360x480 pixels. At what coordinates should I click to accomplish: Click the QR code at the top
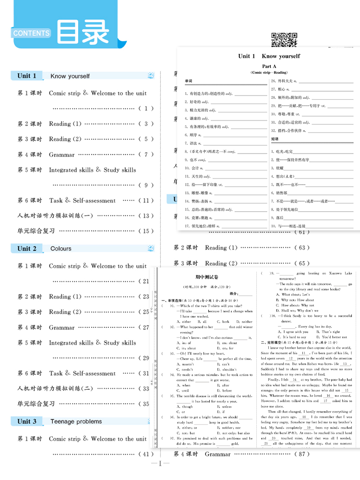[284, 39]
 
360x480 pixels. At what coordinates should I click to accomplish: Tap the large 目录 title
[83, 32]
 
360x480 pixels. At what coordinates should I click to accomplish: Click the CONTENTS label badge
[32, 33]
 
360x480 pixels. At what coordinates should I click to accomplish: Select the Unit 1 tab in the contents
[27, 76]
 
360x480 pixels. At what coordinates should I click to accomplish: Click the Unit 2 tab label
[27, 249]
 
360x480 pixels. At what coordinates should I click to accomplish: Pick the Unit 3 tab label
[27, 421]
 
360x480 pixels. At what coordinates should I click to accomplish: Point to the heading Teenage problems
[76, 421]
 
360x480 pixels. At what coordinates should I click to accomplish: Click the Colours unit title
[60, 249]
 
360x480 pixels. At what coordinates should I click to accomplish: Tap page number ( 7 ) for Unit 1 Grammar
[146, 155]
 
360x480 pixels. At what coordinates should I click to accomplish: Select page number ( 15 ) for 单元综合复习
[146, 231]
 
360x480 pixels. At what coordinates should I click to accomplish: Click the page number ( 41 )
[146, 454]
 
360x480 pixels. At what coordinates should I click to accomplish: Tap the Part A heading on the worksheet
[269, 66]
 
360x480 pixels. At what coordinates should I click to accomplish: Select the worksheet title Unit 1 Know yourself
[269, 56]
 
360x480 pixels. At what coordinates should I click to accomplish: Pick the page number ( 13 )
[146, 216]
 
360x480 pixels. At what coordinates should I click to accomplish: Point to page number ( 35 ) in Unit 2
[145, 404]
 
